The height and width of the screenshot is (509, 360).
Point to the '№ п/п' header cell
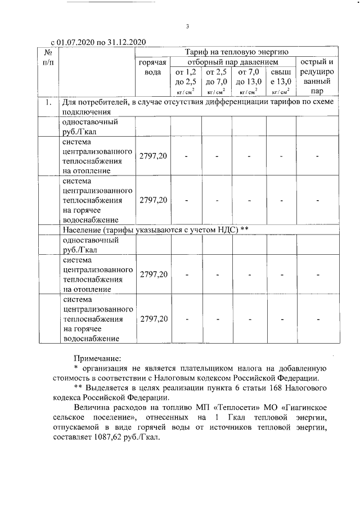click(x=48, y=56)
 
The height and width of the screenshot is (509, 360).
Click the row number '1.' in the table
click(x=48, y=102)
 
